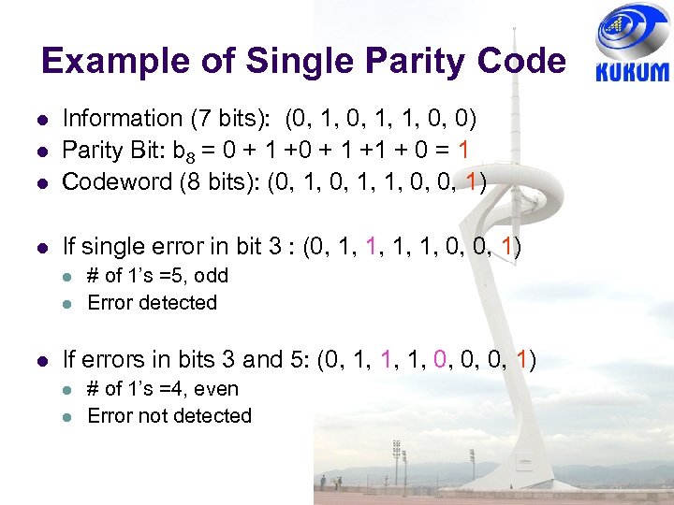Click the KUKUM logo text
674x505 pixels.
[x=632, y=72]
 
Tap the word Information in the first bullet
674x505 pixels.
[x=122, y=119]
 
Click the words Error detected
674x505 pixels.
[x=152, y=303]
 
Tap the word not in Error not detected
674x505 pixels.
[x=151, y=416]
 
